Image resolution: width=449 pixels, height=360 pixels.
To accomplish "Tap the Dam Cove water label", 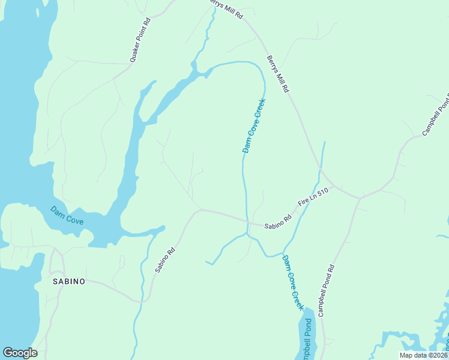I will [x=66, y=215].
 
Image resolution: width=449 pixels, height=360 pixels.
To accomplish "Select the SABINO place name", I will [x=68, y=280].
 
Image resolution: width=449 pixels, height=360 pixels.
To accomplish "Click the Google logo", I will [x=20, y=353].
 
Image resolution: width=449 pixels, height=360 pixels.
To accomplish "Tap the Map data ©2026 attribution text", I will [x=423, y=355].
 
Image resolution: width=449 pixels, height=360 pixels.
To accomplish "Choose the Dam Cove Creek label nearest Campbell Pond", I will [x=293, y=283].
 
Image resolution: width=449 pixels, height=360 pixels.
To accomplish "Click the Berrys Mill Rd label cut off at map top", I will [x=226, y=8].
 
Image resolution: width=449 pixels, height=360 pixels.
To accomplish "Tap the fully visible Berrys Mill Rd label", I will [x=278, y=73].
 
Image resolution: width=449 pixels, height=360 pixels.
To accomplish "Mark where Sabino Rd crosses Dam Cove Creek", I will [x=246, y=221].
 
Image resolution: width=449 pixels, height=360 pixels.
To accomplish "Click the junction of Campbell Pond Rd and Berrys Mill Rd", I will [x=359, y=197].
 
